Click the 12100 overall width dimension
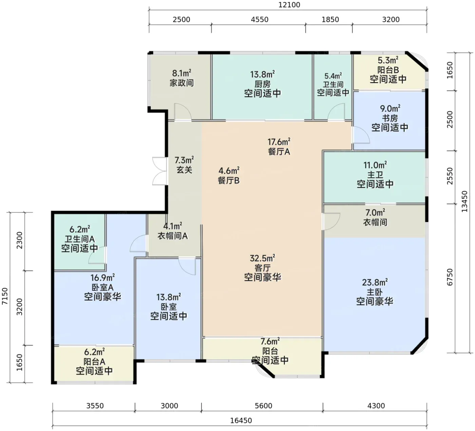point(289,5)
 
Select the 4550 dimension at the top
point(260,19)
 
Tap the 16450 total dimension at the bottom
point(241,420)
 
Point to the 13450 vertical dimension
point(464,201)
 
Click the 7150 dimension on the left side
point(5,297)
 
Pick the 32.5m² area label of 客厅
point(262,258)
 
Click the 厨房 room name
point(262,84)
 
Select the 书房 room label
point(390,118)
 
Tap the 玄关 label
point(184,170)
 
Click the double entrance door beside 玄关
point(160,171)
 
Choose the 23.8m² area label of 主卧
point(375,283)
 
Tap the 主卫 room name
point(375,175)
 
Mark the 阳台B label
point(388,70)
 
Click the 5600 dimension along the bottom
point(263,406)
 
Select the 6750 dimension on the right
point(450,277)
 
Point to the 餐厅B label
point(228,181)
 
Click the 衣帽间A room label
point(173,236)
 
